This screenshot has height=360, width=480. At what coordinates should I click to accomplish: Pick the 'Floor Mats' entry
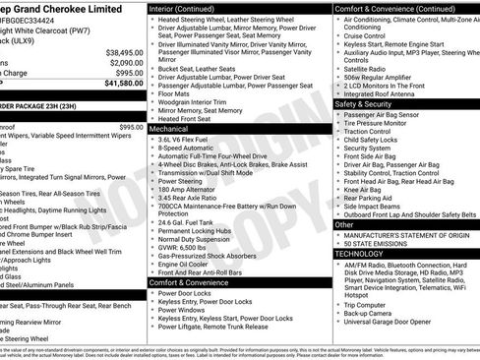(178, 95)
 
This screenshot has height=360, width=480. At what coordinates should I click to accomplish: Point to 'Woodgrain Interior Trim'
(202, 103)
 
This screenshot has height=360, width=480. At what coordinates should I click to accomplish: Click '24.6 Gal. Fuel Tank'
(194, 221)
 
